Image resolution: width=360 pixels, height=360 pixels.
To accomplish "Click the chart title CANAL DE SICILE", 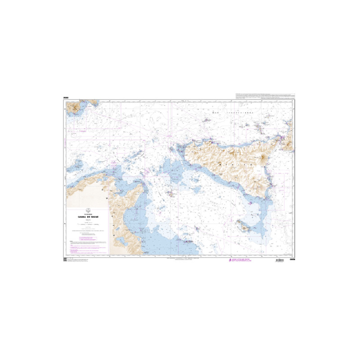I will (x=88, y=216).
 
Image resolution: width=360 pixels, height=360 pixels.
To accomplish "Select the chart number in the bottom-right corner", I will (x=292, y=261).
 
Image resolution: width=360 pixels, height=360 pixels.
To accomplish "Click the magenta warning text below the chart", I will (x=243, y=261).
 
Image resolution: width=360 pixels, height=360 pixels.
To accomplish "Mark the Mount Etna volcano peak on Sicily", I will (x=264, y=158).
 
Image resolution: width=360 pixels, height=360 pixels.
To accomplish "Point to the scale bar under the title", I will (x=88, y=223).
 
